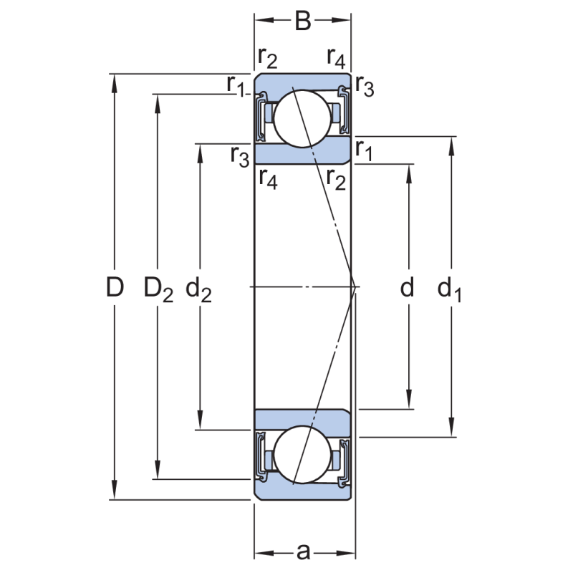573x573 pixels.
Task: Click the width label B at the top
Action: pos(303,21)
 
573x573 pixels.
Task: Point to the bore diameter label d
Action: pos(407,288)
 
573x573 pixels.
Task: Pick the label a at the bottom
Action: pos(304,552)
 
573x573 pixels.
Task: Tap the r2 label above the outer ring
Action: pos(268,58)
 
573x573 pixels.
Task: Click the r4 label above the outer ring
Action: pos(336,58)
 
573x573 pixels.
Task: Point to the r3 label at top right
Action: pos(365,88)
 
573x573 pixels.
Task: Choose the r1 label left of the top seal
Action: pos(236,85)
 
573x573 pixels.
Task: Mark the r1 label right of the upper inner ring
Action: pos(365,151)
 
